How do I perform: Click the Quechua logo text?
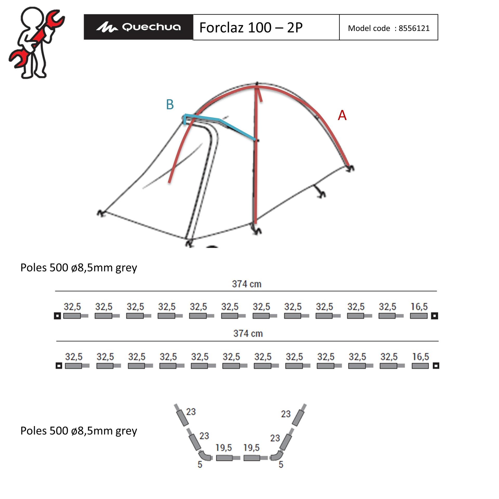[151, 27]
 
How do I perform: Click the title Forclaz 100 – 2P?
[251, 27]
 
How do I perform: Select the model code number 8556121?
[414, 28]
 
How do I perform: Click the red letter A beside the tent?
[342, 115]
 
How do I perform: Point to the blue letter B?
[170, 104]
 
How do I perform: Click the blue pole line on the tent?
[220, 120]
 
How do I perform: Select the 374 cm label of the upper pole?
[247, 284]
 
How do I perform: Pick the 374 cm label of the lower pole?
[248, 333]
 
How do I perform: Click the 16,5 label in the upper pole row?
[419, 307]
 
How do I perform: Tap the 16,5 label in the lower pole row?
[421, 357]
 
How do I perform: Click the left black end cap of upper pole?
[57, 316]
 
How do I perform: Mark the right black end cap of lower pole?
[436, 366]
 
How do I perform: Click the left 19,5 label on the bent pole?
[224, 448]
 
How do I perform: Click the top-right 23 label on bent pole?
[286, 414]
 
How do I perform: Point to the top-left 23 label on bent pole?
[191, 412]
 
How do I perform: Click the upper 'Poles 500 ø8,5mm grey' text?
[79, 268]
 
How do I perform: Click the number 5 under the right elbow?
[281, 464]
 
